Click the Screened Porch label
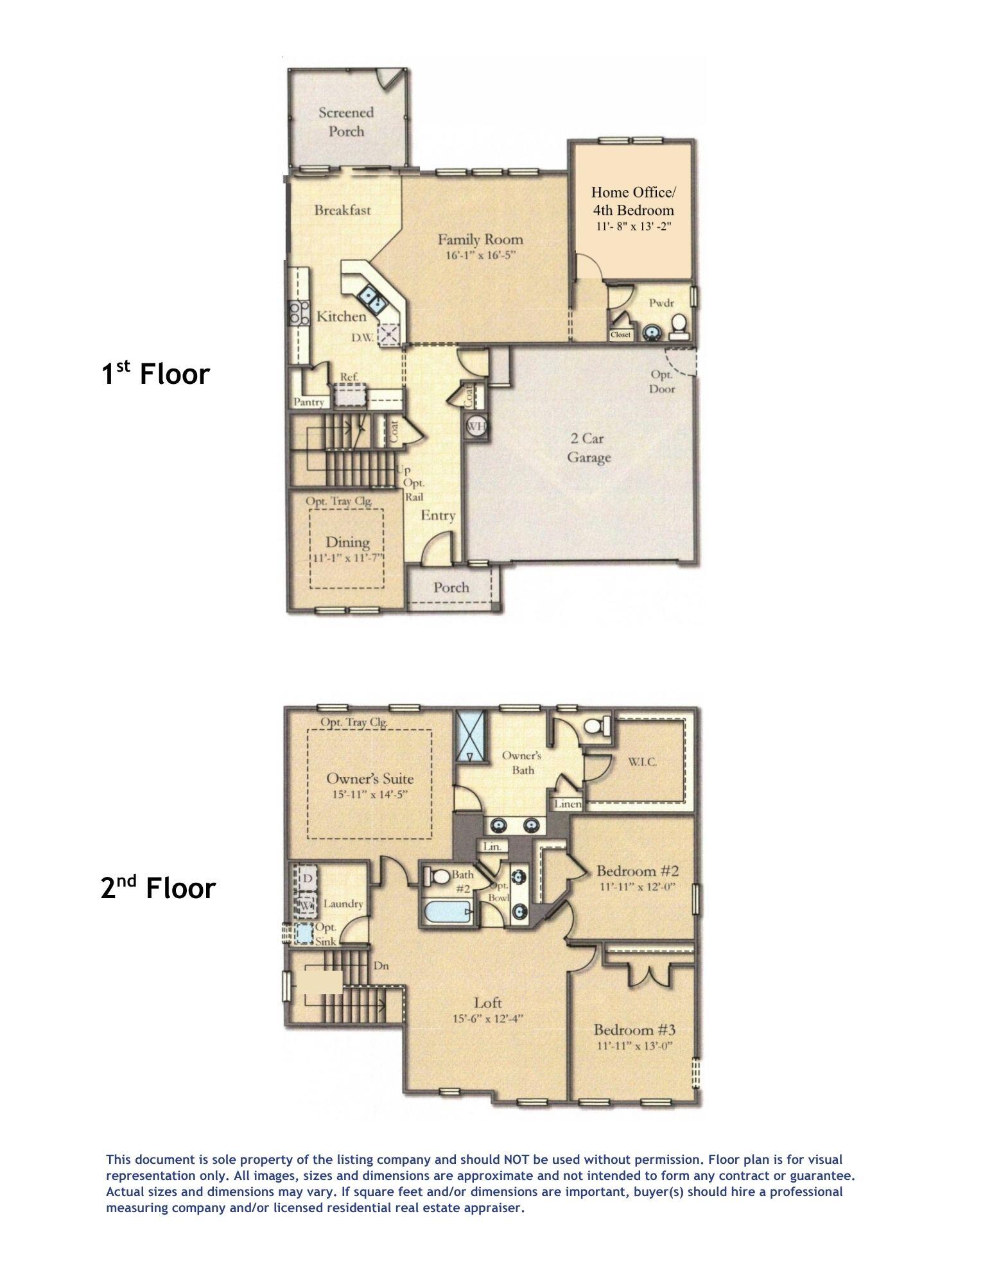(345, 122)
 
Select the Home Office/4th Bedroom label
(632, 201)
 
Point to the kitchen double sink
(372, 297)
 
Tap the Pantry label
(309, 403)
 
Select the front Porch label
(451, 587)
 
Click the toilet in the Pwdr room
(679, 325)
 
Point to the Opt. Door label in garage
(662, 381)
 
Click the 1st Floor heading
(156, 373)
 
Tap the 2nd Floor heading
(158, 888)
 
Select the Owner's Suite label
(370, 779)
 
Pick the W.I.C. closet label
(643, 762)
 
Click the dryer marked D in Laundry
(308, 877)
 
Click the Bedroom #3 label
(634, 1030)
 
